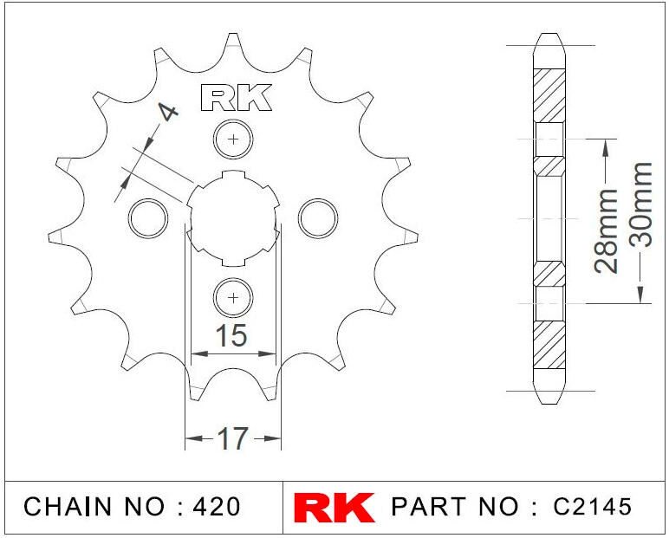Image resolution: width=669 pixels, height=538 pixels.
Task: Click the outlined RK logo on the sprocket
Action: point(236,97)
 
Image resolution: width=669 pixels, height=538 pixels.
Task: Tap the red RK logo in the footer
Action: point(334,508)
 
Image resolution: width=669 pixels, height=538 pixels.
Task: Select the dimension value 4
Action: point(168,112)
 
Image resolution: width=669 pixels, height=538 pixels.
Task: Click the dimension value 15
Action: point(231,335)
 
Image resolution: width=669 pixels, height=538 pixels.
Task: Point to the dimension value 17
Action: point(232,438)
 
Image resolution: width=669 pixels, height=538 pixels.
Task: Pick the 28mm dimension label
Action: point(606,230)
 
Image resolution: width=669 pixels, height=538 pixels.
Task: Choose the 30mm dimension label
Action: point(641,204)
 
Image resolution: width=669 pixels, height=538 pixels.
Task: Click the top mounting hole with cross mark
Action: point(233,139)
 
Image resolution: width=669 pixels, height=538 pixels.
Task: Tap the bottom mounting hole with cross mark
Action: point(233,298)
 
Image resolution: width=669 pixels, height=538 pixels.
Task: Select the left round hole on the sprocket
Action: point(147,218)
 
